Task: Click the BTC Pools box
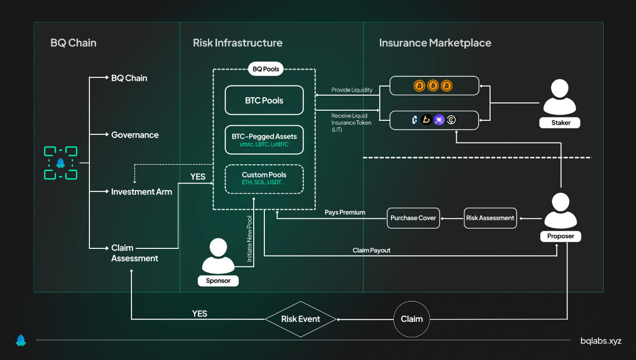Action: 264,101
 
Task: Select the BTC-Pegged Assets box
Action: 264,140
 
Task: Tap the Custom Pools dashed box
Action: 264,178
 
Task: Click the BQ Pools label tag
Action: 265,69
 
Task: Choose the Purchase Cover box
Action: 413,218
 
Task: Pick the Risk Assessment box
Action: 490,218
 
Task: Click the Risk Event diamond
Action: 301,319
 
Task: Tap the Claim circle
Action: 412,319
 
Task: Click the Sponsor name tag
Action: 218,281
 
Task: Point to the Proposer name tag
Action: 561,236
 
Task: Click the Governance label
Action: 135,135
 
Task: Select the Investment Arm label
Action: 142,192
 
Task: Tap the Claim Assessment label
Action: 134,253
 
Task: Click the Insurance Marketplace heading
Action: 435,43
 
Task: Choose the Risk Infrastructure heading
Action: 237,43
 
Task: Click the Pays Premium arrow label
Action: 345,213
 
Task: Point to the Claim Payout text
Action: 371,250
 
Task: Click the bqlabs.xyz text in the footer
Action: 601,341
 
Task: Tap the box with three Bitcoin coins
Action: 434,86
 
